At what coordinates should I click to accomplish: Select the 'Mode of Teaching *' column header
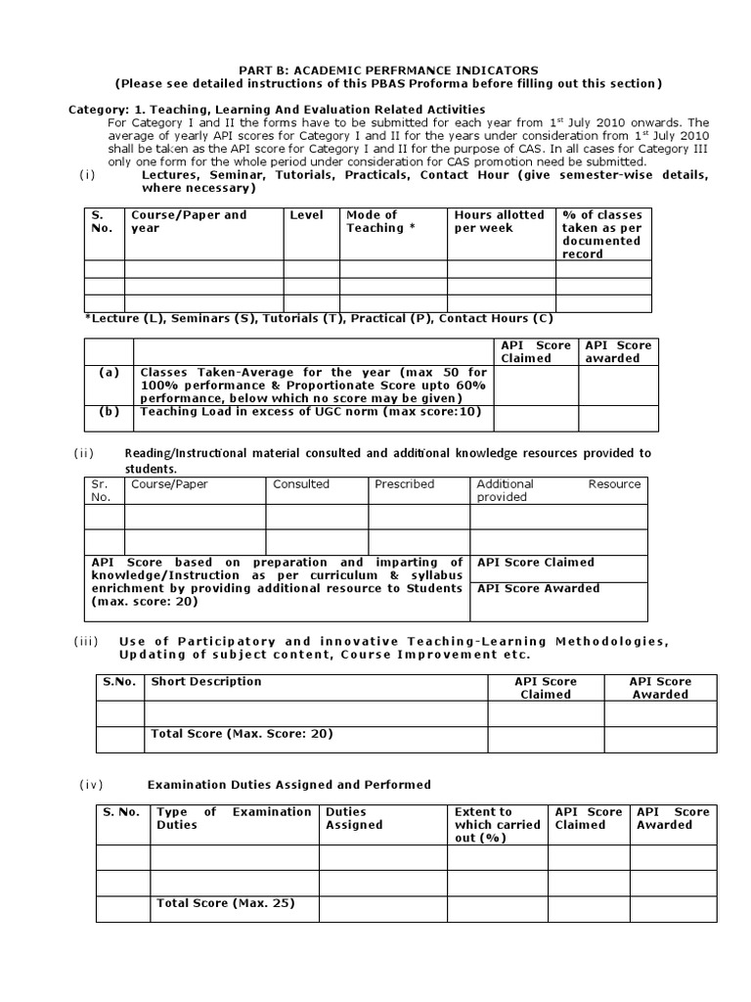tap(372, 221)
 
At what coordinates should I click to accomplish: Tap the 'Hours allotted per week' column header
tap(499, 221)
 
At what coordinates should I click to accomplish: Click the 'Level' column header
tap(306, 215)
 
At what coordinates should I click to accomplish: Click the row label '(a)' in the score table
tap(109, 373)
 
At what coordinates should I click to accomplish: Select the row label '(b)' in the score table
tap(109, 412)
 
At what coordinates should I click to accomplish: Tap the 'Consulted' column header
tap(301, 484)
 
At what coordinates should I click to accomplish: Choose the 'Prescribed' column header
tap(404, 484)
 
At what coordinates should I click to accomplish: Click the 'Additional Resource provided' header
tap(557, 490)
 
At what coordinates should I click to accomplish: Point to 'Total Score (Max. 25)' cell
tap(225, 903)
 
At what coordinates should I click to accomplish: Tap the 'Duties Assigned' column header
tap(354, 818)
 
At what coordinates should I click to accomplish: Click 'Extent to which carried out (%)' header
tap(496, 824)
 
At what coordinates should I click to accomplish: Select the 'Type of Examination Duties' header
tap(234, 818)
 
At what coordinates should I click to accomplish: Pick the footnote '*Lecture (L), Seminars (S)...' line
tap(319, 319)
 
